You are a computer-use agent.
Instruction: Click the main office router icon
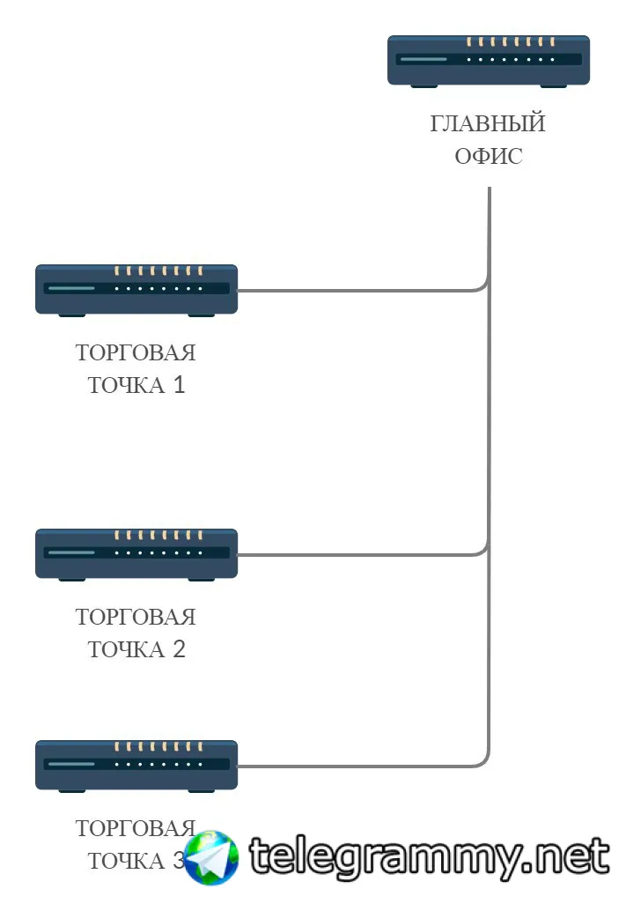(x=489, y=62)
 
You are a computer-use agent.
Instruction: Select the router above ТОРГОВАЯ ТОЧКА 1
(x=136, y=291)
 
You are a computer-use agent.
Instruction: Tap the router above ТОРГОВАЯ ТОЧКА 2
(x=136, y=555)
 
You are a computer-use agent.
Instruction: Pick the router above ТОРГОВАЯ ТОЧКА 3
(x=136, y=767)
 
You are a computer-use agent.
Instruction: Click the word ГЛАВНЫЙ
(x=488, y=123)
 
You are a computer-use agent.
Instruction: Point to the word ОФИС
(x=489, y=156)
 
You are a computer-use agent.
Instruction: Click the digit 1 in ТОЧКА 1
(x=179, y=385)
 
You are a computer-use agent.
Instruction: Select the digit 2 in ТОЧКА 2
(x=179, y=649)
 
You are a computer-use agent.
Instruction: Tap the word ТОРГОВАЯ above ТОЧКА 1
(x=136, y=352)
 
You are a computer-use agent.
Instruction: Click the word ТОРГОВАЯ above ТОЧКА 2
(x=136, y=617)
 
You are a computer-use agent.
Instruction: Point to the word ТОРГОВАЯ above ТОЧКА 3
(x=136, y=828)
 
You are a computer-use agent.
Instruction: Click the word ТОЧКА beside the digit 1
(x=127, y=385)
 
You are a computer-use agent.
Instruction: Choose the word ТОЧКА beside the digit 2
(x=127, y=649)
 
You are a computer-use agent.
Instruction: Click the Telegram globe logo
(x=211, y=857)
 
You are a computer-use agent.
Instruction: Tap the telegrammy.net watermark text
(x=430, y=857)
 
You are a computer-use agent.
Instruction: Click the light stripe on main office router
(x=423, y=59)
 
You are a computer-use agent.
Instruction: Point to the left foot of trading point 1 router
(x=72, y=315)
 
